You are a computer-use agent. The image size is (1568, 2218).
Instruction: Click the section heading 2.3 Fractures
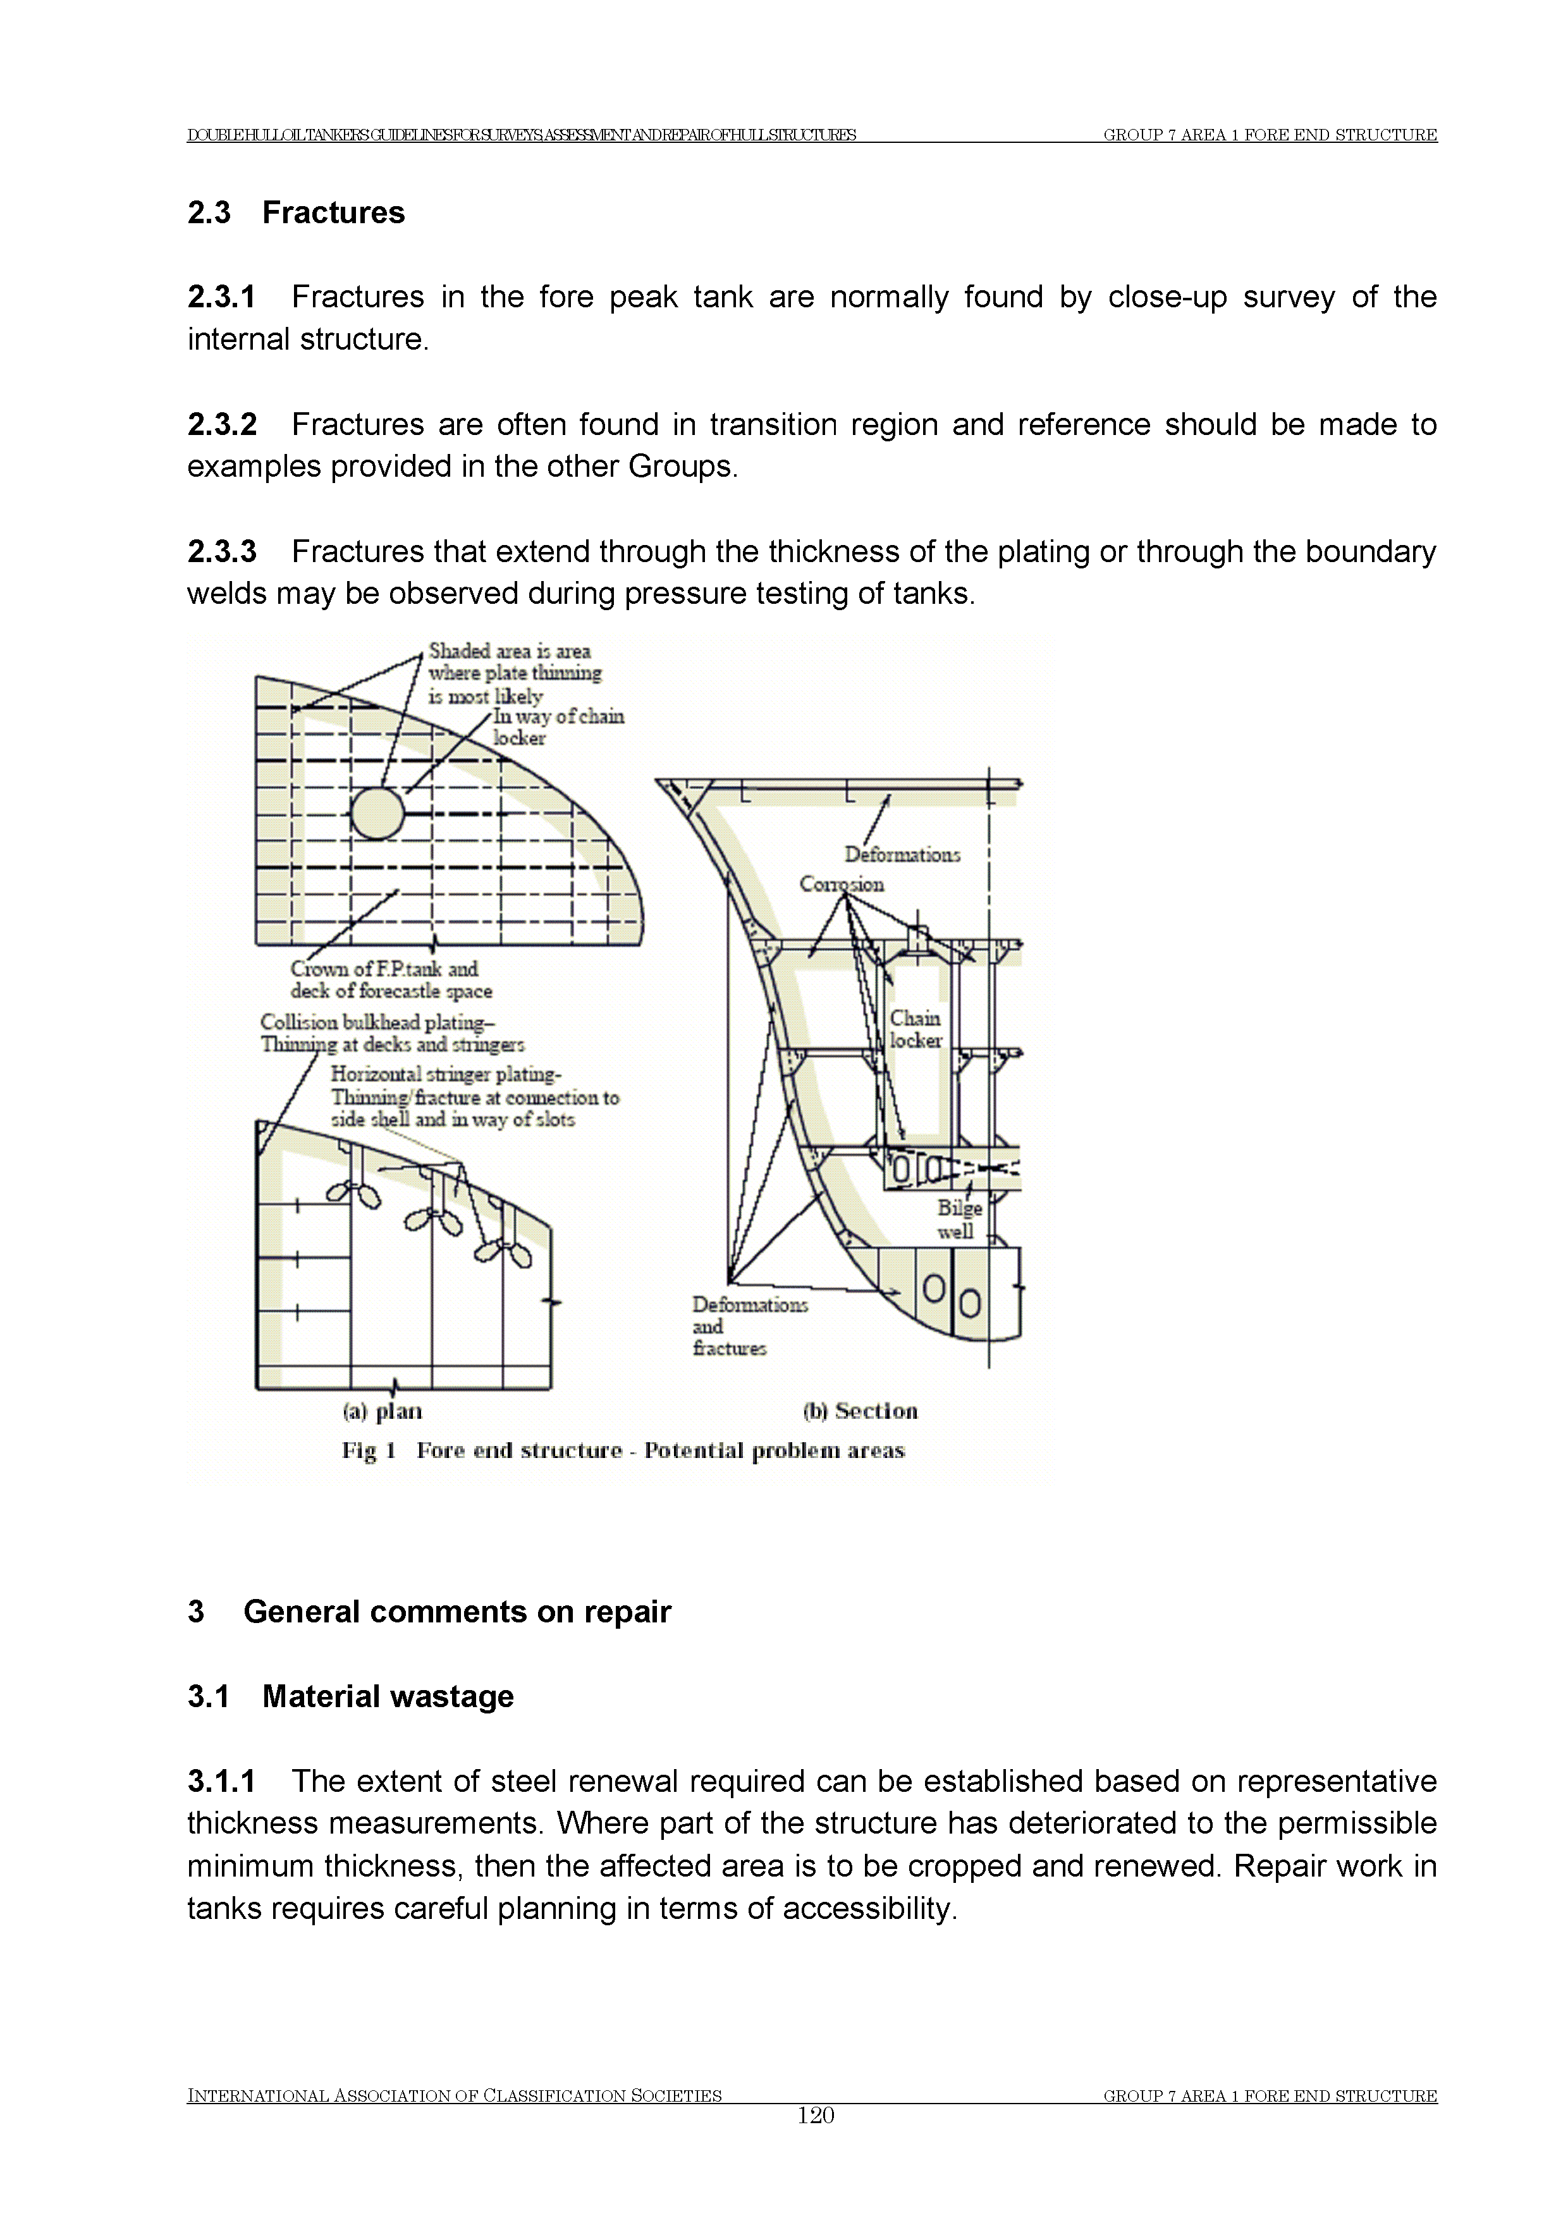point(296,212)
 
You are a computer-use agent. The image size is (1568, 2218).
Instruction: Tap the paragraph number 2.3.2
point(222,424)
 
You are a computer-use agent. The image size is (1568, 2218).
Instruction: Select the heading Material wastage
point(388,1696)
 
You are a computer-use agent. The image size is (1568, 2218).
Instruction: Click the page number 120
point(816,2143)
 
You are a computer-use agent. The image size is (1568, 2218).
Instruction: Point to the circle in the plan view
point(377,812)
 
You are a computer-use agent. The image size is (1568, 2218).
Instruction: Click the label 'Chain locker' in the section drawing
point(915,1029)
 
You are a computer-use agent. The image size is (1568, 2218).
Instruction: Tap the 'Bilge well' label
point(959,1219)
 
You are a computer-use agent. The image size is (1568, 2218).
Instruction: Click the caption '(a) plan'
point(383,1411)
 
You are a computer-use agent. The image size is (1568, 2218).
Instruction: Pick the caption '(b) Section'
point(860,1411)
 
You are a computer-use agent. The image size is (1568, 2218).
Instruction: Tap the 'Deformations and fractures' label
point(749,1325)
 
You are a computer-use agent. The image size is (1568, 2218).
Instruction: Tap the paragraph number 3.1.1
point(222,1781)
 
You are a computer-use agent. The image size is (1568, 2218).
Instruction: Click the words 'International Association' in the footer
point(319,2123)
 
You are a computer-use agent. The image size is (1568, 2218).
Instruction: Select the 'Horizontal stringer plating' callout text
point(445,1074)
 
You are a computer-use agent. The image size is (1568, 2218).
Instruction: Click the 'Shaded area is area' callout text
point(509,651)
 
